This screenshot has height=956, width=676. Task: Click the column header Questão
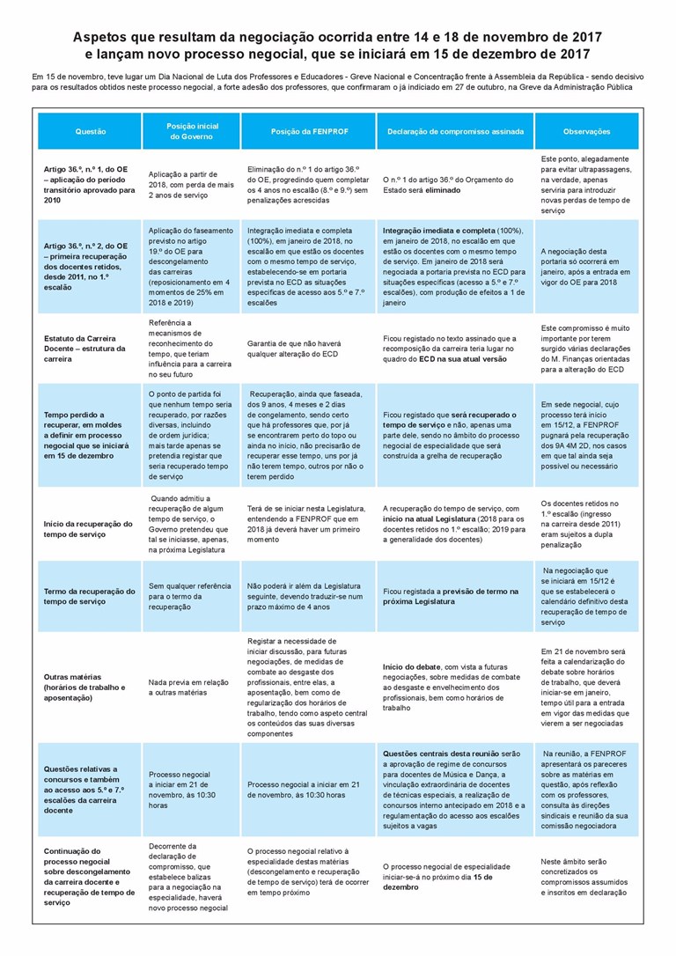click(x=90, y=131)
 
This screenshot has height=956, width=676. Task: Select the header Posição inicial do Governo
click(x=192, y=131)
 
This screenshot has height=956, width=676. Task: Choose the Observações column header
click(x=586, y=131)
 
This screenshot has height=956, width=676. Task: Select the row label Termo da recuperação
click(x=89, y=596)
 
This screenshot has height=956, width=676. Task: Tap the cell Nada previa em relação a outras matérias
click(x=190, y=687)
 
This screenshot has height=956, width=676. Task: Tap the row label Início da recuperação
click(x=88, y=528)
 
